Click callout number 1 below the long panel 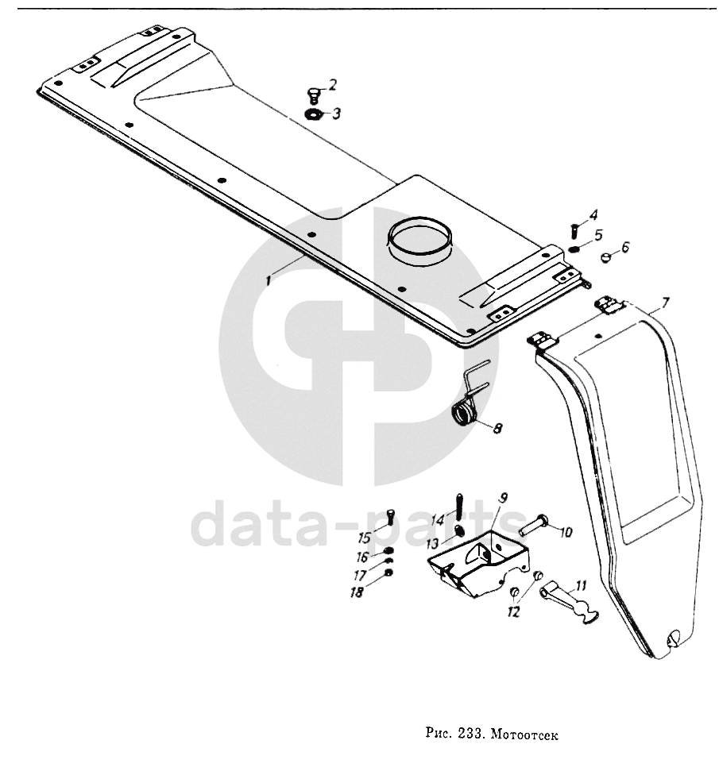click(x=269, y=280)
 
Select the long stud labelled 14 click(x=458, y=506)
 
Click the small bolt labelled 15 click(x=391, y=516)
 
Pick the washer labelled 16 click(x=388, y=553)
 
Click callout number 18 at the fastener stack click(x=358, y=592)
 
